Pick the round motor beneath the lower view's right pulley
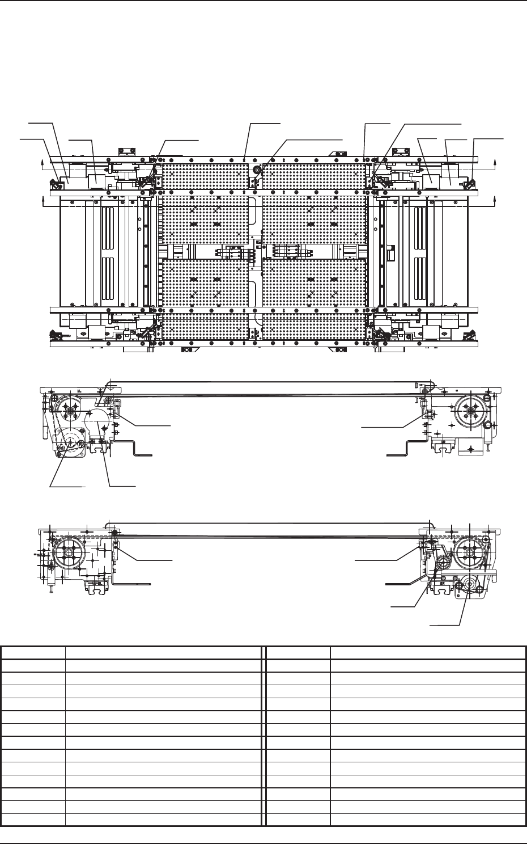468,586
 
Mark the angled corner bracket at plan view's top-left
57,184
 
